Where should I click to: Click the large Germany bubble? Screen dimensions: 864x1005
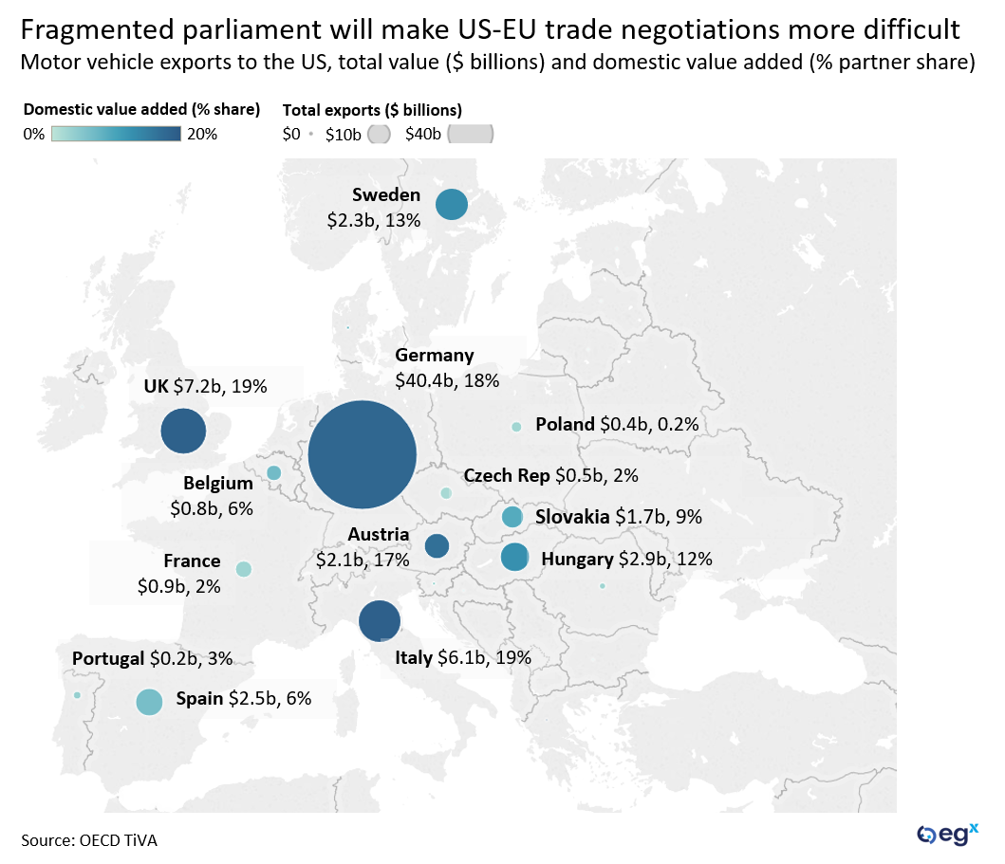(363, 454)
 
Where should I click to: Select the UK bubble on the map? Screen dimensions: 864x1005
(183, 432)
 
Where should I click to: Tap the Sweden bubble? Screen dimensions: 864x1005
(452, 205)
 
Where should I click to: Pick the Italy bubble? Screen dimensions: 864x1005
(380, 622)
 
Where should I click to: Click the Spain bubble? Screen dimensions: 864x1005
(149, 702)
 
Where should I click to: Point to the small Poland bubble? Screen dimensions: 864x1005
(516, 427)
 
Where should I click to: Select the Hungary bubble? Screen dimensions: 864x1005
(514, 558)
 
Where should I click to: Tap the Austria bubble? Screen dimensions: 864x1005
(437, 546)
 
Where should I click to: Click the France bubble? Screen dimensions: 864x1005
(243, 569)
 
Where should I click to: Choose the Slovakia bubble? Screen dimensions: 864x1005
(512, 517)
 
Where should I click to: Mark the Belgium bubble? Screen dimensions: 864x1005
(273, 472)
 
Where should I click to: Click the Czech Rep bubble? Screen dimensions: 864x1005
(446, 493)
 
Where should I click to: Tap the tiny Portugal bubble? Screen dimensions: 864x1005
(77, 695)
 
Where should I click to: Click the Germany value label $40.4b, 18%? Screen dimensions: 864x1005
(447, 380)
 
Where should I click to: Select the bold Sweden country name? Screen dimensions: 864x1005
(385, 195)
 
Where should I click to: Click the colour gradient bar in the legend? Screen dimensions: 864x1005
(116, 134)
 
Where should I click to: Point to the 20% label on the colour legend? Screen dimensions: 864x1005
(202, 134)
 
